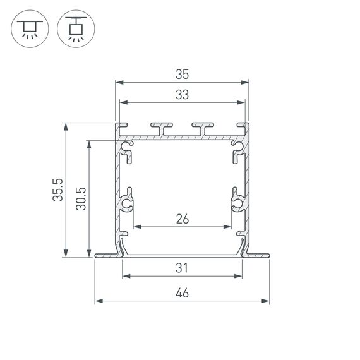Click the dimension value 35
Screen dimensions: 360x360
(182, 75)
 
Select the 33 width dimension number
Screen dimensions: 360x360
(182, 95)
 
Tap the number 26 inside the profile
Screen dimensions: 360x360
(182, 219)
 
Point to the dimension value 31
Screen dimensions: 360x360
(182, 268)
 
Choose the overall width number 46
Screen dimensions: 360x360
(182, 293)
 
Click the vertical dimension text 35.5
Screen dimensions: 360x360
(58, 189)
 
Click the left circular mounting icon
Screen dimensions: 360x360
(28, 28)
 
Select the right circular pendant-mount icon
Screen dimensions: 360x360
(75, 28)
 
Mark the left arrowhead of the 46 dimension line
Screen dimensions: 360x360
(97, 301)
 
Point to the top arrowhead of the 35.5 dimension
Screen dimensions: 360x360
(66, 125)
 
